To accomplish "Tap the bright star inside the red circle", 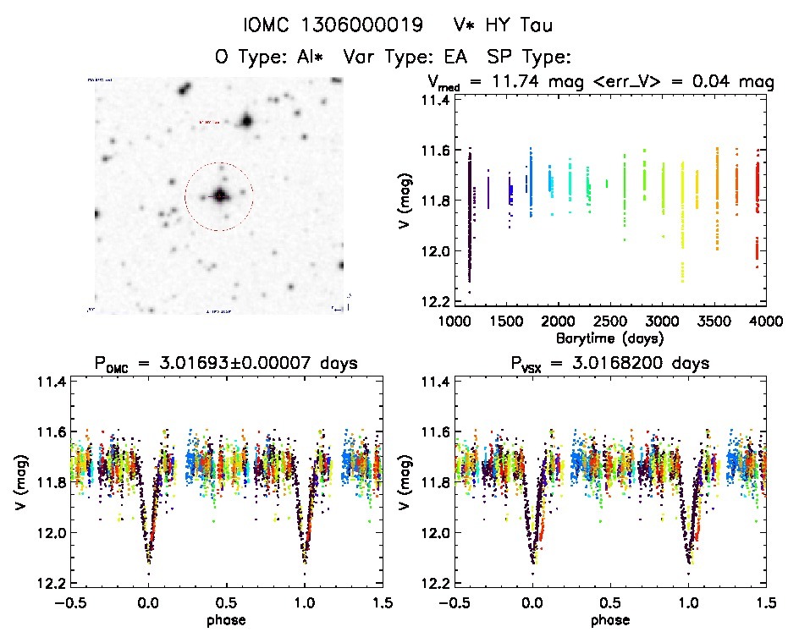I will click(220, 196).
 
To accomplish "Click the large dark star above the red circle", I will click(246, 121).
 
